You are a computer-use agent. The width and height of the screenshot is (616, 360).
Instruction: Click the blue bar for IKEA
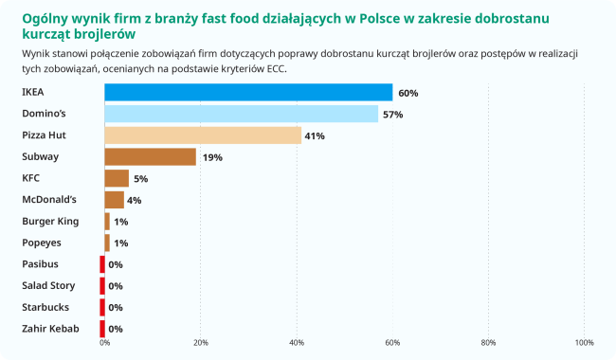248,93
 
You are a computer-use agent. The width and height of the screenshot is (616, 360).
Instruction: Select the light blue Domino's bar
241,114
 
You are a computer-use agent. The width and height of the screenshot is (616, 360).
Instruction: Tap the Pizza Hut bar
203,135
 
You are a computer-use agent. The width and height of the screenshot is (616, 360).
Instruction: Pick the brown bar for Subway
150,157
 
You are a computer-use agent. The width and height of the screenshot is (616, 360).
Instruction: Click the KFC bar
117,178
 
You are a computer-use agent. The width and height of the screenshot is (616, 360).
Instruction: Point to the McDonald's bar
114,200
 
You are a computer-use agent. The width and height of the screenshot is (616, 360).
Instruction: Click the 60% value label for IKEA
408,93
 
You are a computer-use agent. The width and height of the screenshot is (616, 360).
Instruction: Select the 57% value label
393,115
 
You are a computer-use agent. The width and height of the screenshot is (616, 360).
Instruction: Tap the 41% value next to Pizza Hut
315,136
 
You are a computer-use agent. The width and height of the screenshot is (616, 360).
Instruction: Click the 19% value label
212,157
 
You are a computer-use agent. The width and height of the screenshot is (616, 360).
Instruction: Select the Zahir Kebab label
50,329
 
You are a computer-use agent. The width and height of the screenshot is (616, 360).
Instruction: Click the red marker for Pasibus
102,264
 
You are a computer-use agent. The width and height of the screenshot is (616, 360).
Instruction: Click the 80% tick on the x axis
489,342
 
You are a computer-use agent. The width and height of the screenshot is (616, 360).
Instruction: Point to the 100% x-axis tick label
584,342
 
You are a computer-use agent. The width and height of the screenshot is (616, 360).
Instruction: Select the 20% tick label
201,342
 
